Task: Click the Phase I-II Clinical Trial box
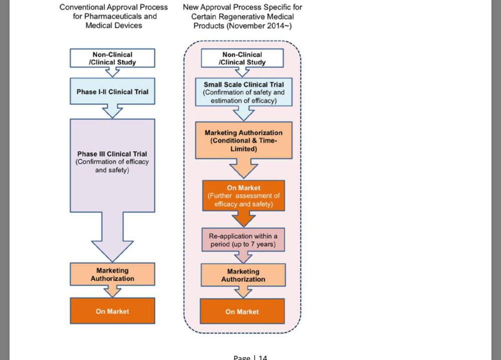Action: click(x=112, y=92)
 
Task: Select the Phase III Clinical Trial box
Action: click(x=112, y=161)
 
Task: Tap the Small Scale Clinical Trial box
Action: click(x=243, y=92)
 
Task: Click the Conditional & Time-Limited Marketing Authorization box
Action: click(x=243, y=141)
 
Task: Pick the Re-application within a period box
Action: click(x=243, y=240)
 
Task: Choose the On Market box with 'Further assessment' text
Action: click(x=243, y=196)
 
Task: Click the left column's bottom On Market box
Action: click(x=112, y=311)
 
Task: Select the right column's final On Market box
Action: click(x=242, y=311)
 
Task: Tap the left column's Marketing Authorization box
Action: click(x=112, y=274)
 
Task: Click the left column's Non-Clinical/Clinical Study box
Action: click(x=112, y=58)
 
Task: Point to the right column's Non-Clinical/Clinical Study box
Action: click(x=243, y=58)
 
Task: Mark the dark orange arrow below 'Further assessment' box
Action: click(x=243, y=218)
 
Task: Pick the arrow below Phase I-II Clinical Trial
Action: click(x=112, y=111)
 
